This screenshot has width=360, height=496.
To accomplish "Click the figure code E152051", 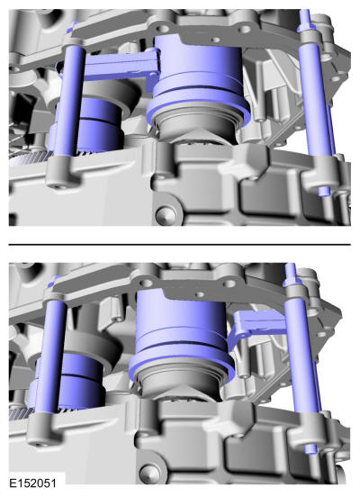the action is (33, 483).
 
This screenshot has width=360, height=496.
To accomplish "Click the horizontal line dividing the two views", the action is (180, 245).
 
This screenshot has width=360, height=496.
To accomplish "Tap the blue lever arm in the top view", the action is (121, 67).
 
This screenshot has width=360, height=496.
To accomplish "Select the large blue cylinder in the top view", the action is (198, 68).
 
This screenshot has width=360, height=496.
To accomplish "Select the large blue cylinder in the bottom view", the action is (180, 322).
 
